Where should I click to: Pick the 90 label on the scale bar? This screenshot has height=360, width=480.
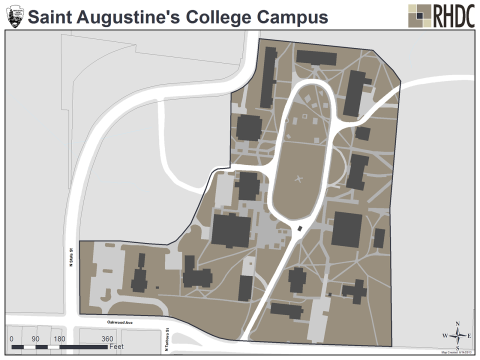[x=35, y=340]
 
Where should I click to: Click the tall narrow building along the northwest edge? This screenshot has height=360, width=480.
[x=268, y=90]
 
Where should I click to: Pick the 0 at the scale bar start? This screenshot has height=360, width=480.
[x=11, y=340]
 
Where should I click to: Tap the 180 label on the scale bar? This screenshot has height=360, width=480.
[x=59, y=340]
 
